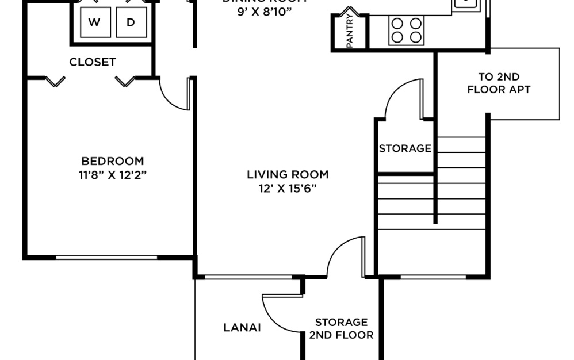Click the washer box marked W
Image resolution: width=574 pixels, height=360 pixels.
click(95, 22)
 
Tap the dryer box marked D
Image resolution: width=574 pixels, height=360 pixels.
click(131, 22)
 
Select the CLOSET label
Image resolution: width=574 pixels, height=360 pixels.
click(93, 62)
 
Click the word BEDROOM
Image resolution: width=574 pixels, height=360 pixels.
click(113, 161)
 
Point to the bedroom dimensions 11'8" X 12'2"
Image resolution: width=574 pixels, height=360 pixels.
click(113, 175)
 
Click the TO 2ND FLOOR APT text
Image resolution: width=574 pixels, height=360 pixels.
click(499, 83)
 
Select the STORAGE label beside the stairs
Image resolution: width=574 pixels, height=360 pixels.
click(405, 148)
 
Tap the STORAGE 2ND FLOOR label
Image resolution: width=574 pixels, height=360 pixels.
click(341, 328)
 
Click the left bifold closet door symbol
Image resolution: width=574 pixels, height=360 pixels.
click(55, 82)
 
